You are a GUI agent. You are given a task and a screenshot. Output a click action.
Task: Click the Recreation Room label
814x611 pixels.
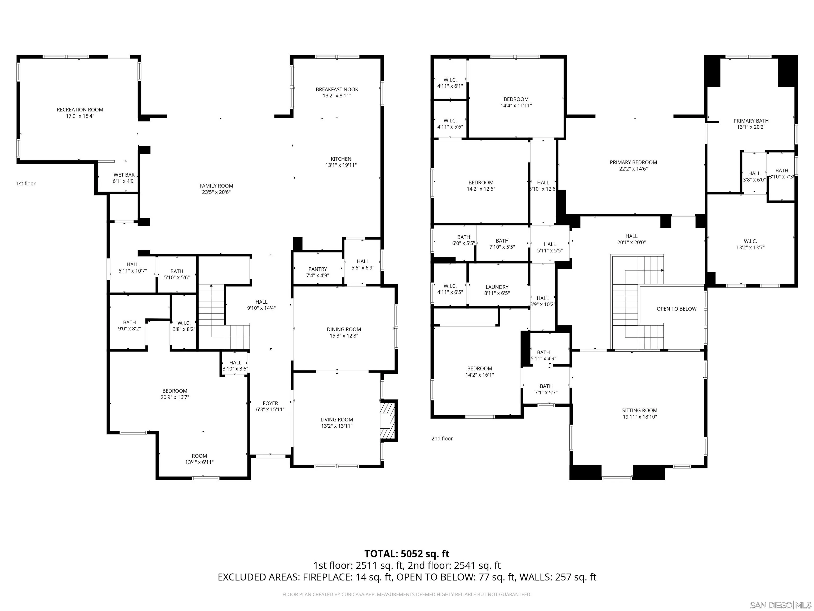point(80,110)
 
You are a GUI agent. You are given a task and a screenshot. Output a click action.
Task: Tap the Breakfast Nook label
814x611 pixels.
point(337,89)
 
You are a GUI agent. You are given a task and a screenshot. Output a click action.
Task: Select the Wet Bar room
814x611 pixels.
point(124,178)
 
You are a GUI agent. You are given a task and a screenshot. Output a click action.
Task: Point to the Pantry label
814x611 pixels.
point(318,269)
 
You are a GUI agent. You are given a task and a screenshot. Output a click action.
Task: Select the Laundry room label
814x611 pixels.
point(497,287)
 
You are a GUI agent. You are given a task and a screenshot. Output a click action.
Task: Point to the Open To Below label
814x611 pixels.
point(676,309)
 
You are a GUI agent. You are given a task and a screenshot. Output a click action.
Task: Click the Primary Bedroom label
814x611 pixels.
point(633,162)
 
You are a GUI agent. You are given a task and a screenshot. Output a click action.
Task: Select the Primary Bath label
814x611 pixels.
point(751,121)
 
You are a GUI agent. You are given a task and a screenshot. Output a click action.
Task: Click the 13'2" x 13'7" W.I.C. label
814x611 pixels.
point(750,245)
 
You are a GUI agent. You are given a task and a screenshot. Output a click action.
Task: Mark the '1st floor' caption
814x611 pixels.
point(26,184)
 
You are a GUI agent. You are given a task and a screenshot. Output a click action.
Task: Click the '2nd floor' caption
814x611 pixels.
point(442,438)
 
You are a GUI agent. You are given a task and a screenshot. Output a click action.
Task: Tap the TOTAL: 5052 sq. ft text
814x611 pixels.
point(407,553)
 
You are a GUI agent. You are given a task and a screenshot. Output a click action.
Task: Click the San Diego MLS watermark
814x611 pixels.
point(780,605)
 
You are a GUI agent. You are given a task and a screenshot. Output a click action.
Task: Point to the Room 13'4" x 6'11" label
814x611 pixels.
point(199,459)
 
